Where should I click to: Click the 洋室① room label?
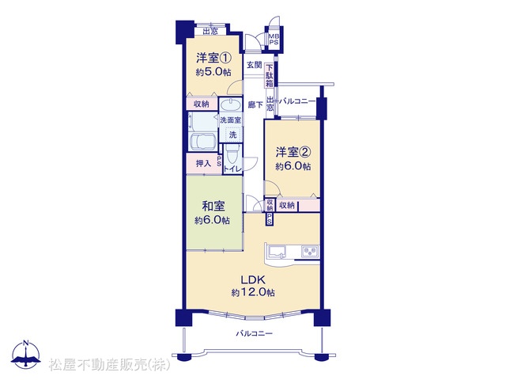[x=213, y=58]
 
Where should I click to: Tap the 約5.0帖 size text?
[x=213, y=72]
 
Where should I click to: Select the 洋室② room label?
[x=293, y=151]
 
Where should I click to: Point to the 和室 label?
[x=213, y=206]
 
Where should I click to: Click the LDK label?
[x=253, y=279]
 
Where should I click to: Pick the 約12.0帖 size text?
[x=253, y=292]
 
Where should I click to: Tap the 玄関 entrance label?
[x=255, y=65]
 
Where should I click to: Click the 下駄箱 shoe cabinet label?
[x=269, y=76]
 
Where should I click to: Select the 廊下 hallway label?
[x=255, y=104]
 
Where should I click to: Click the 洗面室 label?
[x=230, y=120]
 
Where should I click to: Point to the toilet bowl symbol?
[x=232, y=154]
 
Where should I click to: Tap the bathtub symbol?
[x=202, y=142]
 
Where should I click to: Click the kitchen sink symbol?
[x=278, y=252]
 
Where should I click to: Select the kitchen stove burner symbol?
[x=309, y=252]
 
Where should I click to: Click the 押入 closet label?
[x=203, y=164]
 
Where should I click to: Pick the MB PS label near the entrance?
[x=274, y=40]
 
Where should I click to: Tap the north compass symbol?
[x=26, y=354]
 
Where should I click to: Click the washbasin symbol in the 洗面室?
[x=230, y=105]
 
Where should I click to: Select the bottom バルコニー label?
[x=254, y=333]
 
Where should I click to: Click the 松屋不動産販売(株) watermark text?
[x=109, y=364]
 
